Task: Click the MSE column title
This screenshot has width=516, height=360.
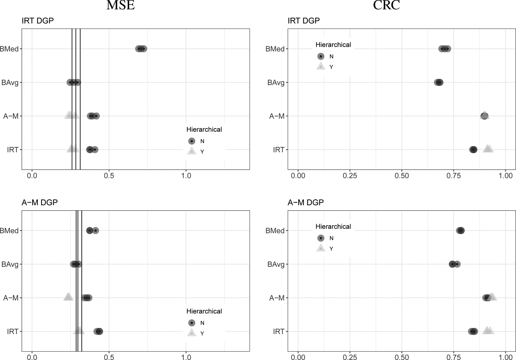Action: tap(121, 5)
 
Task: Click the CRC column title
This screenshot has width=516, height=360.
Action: tap(386, 5)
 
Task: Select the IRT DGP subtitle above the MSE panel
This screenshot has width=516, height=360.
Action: tap(38, 21)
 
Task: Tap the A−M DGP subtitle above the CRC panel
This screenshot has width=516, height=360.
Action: tap(305, 202)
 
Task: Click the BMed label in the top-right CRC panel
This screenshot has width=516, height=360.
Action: tap(275, 49)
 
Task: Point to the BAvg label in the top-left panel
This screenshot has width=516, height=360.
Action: tap(10, 83)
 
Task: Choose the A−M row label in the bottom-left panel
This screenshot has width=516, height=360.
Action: tap(11, 298)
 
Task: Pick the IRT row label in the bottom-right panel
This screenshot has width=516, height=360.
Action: tap(278, 331)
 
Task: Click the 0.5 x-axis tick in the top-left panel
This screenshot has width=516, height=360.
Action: tap(109, 175)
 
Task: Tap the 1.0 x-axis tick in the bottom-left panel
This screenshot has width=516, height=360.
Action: tap(186, 357)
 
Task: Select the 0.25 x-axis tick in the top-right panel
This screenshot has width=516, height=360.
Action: tap(350, 175)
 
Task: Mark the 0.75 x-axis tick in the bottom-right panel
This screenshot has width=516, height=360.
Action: tap(454, 357)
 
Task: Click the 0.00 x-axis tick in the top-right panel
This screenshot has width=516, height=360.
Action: tap(298, 175)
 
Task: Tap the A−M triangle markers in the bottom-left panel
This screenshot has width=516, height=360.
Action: tap(68, 297)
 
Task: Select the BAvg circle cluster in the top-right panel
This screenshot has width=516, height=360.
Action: tap(439, 83)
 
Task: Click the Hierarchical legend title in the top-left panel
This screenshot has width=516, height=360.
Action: tap(204, 129)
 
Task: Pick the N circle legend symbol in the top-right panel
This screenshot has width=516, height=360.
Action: tap(321, 56)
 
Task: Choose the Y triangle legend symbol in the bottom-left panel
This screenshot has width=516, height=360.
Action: tap(191, 333)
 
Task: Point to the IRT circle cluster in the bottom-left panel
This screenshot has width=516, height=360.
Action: tap(99, 331)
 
